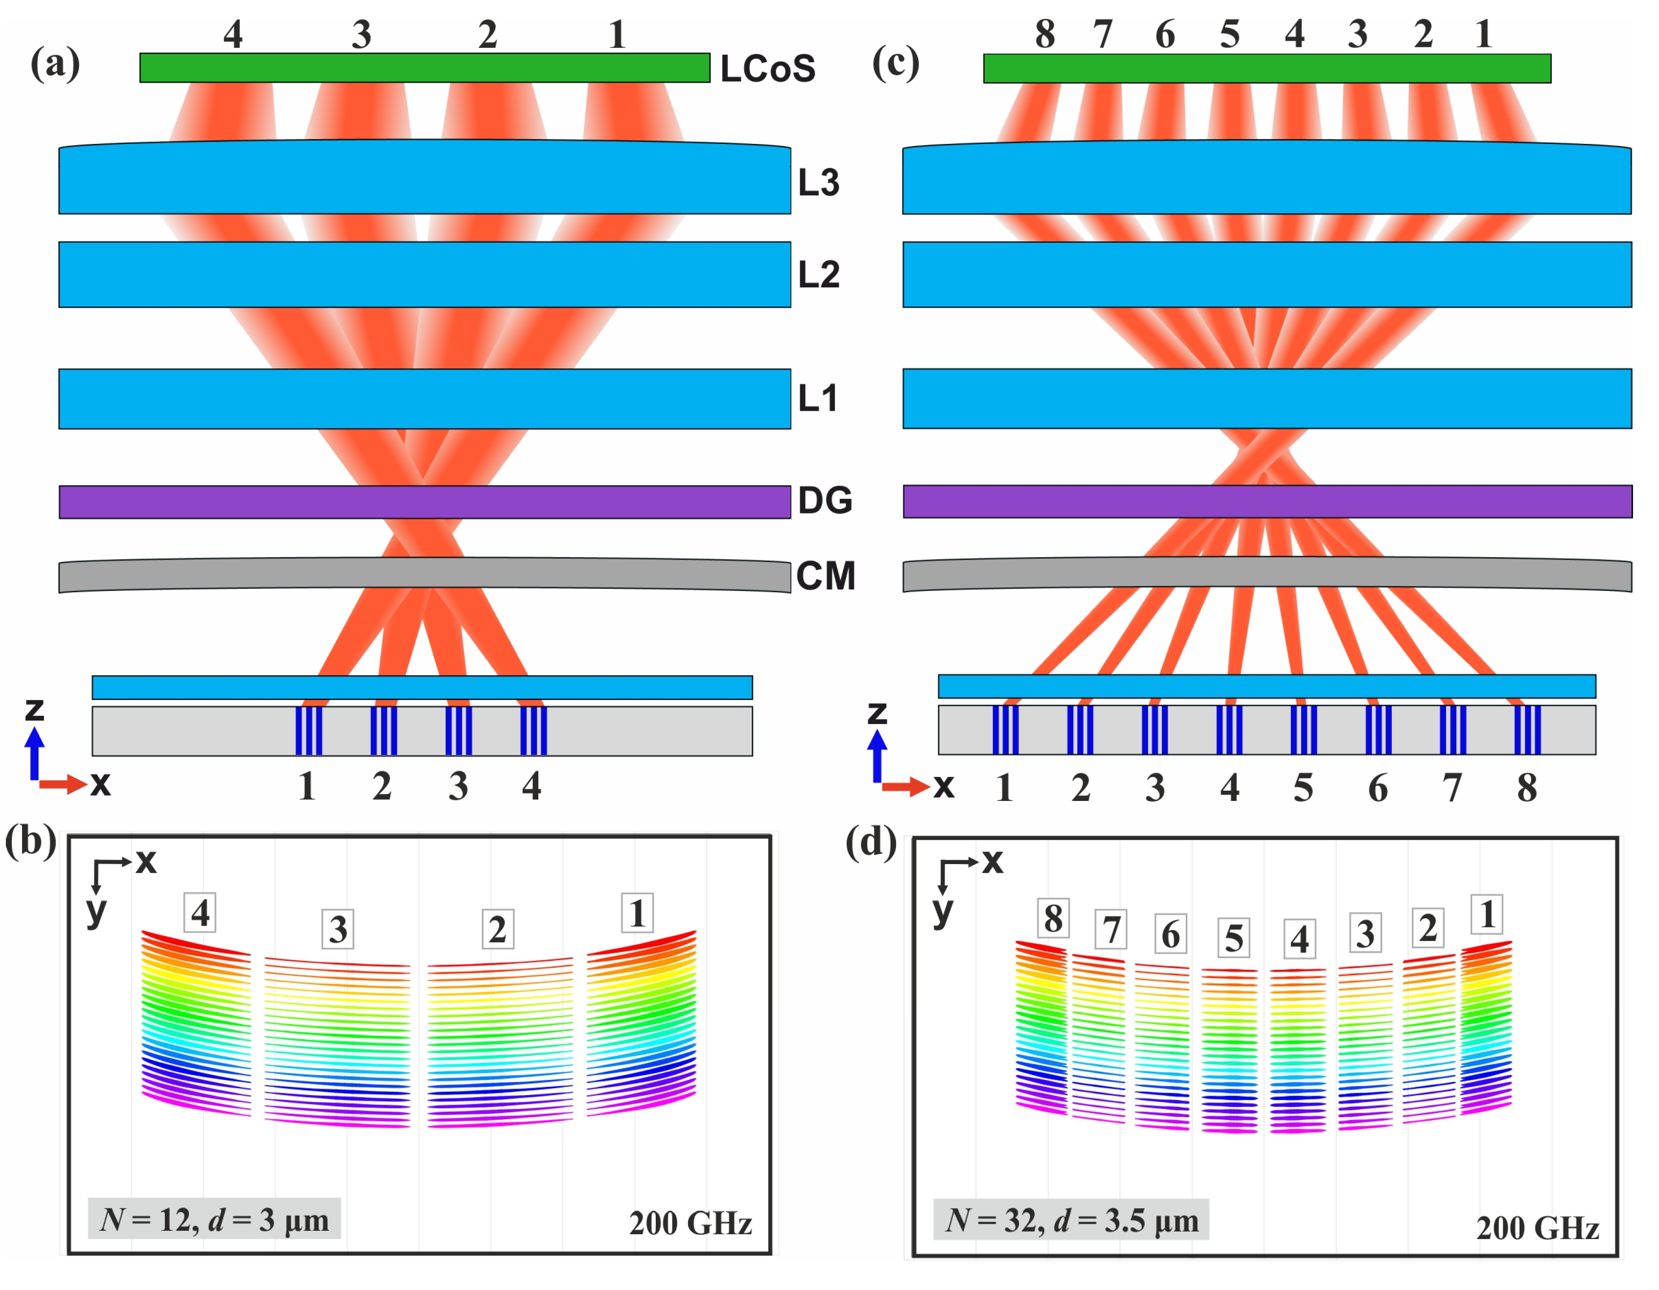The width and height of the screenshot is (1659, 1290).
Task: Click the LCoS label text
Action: pos(767,69)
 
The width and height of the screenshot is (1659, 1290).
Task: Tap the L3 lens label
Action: pos(818,182)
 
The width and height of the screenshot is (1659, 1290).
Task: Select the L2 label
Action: pos(818,274)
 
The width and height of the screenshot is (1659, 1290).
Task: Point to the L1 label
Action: pos(817,398)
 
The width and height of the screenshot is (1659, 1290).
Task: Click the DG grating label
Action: pos(824,500)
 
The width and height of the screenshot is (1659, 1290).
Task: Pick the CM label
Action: pos(825,575)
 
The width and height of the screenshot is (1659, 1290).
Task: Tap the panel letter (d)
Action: pos(871,842)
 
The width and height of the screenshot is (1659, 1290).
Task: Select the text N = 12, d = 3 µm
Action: pos(214,1220)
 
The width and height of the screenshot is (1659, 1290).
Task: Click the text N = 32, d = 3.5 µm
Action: pos(1071,1220)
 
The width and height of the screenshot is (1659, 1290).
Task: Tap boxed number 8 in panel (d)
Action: pos(1053,918)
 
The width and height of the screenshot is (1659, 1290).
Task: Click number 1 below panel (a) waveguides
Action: pos(307,786)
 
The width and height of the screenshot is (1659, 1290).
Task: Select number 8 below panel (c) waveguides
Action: pos(1527,788)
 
